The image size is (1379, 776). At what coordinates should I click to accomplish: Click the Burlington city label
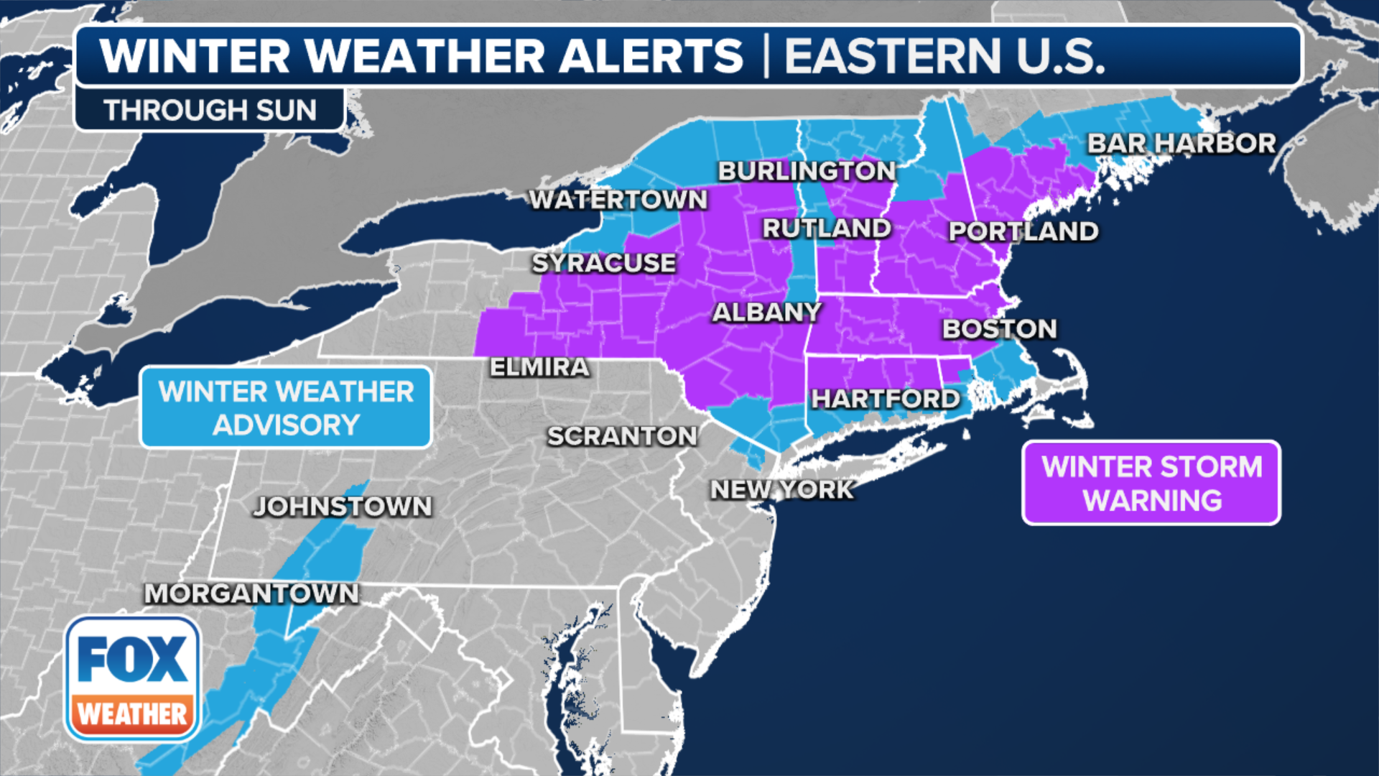tap(807, 171)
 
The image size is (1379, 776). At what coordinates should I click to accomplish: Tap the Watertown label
tap(618, 200)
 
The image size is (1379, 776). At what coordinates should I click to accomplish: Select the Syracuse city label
tap(603, 263)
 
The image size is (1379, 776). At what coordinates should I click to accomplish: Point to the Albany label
tap(766, 313)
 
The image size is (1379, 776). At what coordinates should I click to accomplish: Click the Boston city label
tap(999, 329)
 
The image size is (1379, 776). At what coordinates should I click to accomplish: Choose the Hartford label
tap(885, 399)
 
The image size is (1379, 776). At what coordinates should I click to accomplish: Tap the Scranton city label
tap(622, 436)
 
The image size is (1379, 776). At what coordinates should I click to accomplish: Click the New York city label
tap(781, 490)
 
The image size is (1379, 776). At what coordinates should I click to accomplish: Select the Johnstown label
tap(343, 507)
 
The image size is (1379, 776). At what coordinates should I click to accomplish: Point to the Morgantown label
tap(251, 593)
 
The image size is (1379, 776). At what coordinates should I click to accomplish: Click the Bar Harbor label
tap(1181, 143)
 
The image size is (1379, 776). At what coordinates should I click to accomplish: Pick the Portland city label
tap(1023, 231)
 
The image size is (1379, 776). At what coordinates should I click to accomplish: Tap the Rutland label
tap(827, 228)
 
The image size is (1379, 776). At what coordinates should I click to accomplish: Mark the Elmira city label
tap(539, 367)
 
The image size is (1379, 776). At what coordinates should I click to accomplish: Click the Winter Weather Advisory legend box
tap(286, 407)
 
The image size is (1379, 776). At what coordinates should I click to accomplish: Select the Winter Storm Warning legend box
tap(1151, 483)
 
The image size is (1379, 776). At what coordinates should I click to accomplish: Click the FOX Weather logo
tap(132, 679)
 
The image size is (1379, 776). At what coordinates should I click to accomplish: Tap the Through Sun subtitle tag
tap(210, 110)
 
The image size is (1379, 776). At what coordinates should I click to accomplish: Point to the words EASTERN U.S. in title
tap(944, 56)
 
